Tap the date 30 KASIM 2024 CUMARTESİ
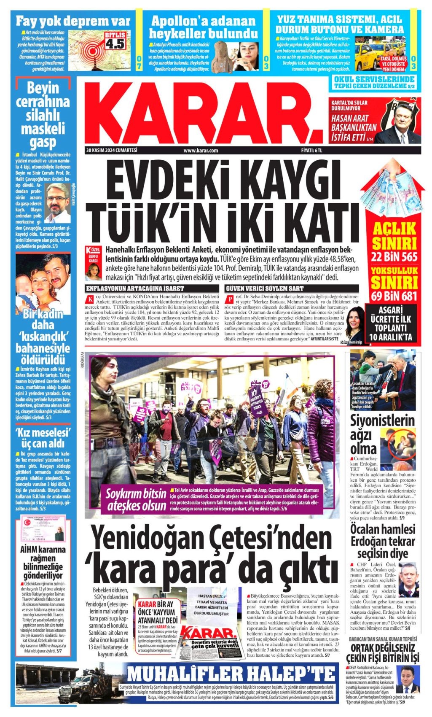coord(112,150)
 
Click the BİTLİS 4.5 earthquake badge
coord(115,40)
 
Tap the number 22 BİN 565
coord(394,257)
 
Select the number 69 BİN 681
coord(394,296)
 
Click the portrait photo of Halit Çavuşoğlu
coord(58,202)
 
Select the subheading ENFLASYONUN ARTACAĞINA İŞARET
coord(135,288)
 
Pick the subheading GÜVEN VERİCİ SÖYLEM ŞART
coord(265,288)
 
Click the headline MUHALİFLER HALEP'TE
coord(231,674)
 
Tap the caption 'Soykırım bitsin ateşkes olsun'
coord(136,500)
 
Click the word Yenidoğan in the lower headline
coord(152,539)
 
